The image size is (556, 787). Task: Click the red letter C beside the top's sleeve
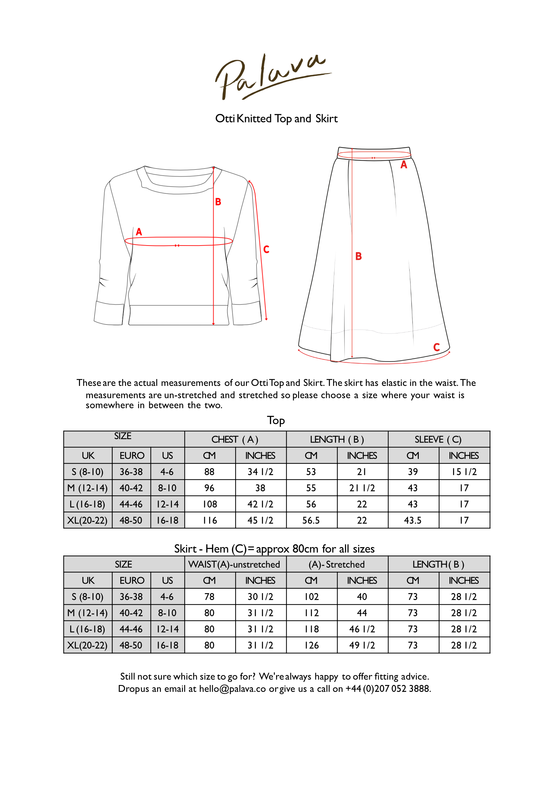point(266,249)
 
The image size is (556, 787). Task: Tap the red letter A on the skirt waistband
point(404,165)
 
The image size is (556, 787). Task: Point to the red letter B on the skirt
point(359,256)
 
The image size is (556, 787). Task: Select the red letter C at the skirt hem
point(436,347)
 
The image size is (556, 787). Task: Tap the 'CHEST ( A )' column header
point(235,439)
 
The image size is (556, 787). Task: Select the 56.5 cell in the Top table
point(311,520)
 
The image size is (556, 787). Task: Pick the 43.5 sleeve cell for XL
point(413,520)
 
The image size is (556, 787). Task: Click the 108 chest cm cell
point(210,504)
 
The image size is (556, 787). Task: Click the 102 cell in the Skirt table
point(312,597)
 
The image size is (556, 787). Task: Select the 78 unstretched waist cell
point(209,597)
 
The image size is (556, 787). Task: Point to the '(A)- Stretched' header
point(337,564)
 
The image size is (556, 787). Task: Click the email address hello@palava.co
point(232,689)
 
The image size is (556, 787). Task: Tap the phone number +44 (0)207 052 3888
point(388,689)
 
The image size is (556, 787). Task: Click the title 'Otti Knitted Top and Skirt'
point(276,119)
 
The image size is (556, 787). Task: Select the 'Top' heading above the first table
point(276,421)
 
